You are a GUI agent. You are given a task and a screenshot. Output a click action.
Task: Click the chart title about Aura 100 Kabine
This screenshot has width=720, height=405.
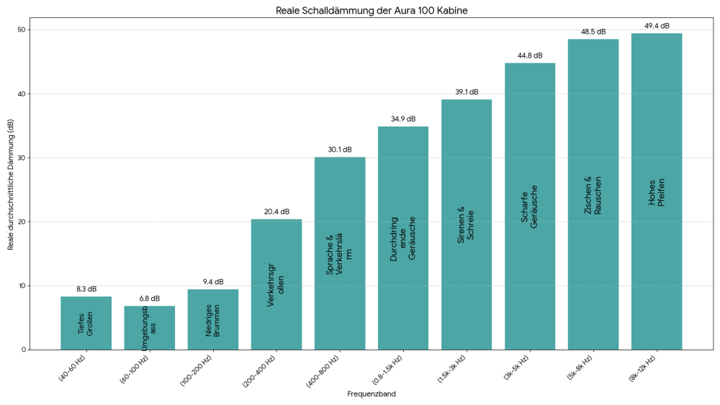click(377, 11)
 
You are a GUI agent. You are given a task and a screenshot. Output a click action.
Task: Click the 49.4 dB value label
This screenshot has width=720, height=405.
click(657, 26)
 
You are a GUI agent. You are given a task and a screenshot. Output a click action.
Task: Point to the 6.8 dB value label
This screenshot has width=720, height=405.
click(150, 299)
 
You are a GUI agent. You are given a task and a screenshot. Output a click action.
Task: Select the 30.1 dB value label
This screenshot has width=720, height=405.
click(340, 150)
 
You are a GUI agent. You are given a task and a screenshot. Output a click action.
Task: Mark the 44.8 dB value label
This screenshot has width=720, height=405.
click(530, 55)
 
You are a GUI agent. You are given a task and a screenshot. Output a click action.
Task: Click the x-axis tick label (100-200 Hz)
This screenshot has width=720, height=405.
click(197, 370)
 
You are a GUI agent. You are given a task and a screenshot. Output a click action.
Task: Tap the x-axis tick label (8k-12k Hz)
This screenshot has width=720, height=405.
click(641, 370)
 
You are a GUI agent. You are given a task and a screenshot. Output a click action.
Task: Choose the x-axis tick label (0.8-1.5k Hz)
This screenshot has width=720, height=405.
click(387, 372)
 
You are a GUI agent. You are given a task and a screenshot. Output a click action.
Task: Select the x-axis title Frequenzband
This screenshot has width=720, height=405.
click(372, 394)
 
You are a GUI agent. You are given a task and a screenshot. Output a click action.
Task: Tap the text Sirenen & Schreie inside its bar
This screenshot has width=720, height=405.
click(467, 225)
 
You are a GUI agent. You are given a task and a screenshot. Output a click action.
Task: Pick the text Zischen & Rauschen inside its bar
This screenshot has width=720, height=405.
click(593, 196)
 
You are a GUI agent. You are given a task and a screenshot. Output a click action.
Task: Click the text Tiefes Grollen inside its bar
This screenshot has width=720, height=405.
click(86, 324)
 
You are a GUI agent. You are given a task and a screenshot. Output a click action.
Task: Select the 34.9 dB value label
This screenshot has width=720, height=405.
click(403, 119)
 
